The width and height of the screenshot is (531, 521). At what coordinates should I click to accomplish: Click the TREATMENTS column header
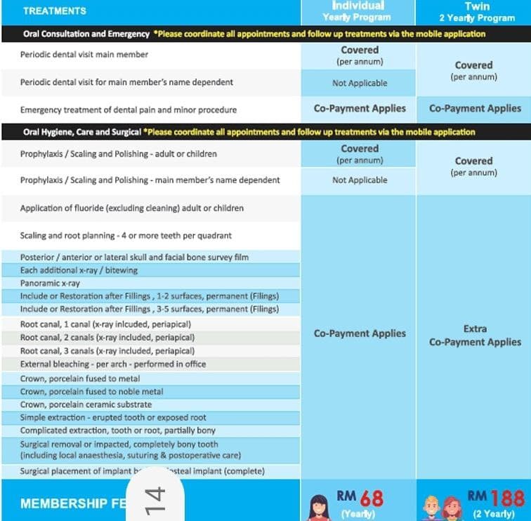(x=54, y=11)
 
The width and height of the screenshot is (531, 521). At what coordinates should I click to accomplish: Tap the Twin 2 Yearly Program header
(x=476, y=11)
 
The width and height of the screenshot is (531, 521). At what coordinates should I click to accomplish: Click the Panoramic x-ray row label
(x=51, y=283)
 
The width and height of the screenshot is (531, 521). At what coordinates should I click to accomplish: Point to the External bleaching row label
(x=113, y=364)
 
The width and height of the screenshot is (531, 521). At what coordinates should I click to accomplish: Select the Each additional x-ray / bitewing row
(x=79, y=270)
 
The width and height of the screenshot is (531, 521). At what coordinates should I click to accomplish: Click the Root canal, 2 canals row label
(x=107, y=338)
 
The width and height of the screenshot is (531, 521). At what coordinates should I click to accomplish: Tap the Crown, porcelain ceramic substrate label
(x=86, y=404)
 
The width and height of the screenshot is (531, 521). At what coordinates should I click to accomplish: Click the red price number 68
(x=372, y=498)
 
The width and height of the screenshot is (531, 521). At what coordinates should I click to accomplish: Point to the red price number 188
(x=507, y=498)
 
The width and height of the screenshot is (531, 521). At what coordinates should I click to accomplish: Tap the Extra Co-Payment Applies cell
(x=475, y=336)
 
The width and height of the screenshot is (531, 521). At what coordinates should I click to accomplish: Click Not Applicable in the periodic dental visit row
(x=360, y=83)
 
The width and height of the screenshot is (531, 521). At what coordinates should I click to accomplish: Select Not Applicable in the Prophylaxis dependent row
(x=360, y=180)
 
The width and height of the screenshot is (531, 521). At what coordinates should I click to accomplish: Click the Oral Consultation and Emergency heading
(x=85, y=34)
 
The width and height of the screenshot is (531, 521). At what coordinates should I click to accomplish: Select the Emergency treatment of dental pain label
(x=129, y=110)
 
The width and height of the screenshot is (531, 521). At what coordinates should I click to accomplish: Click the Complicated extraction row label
(x=118, y=430)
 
